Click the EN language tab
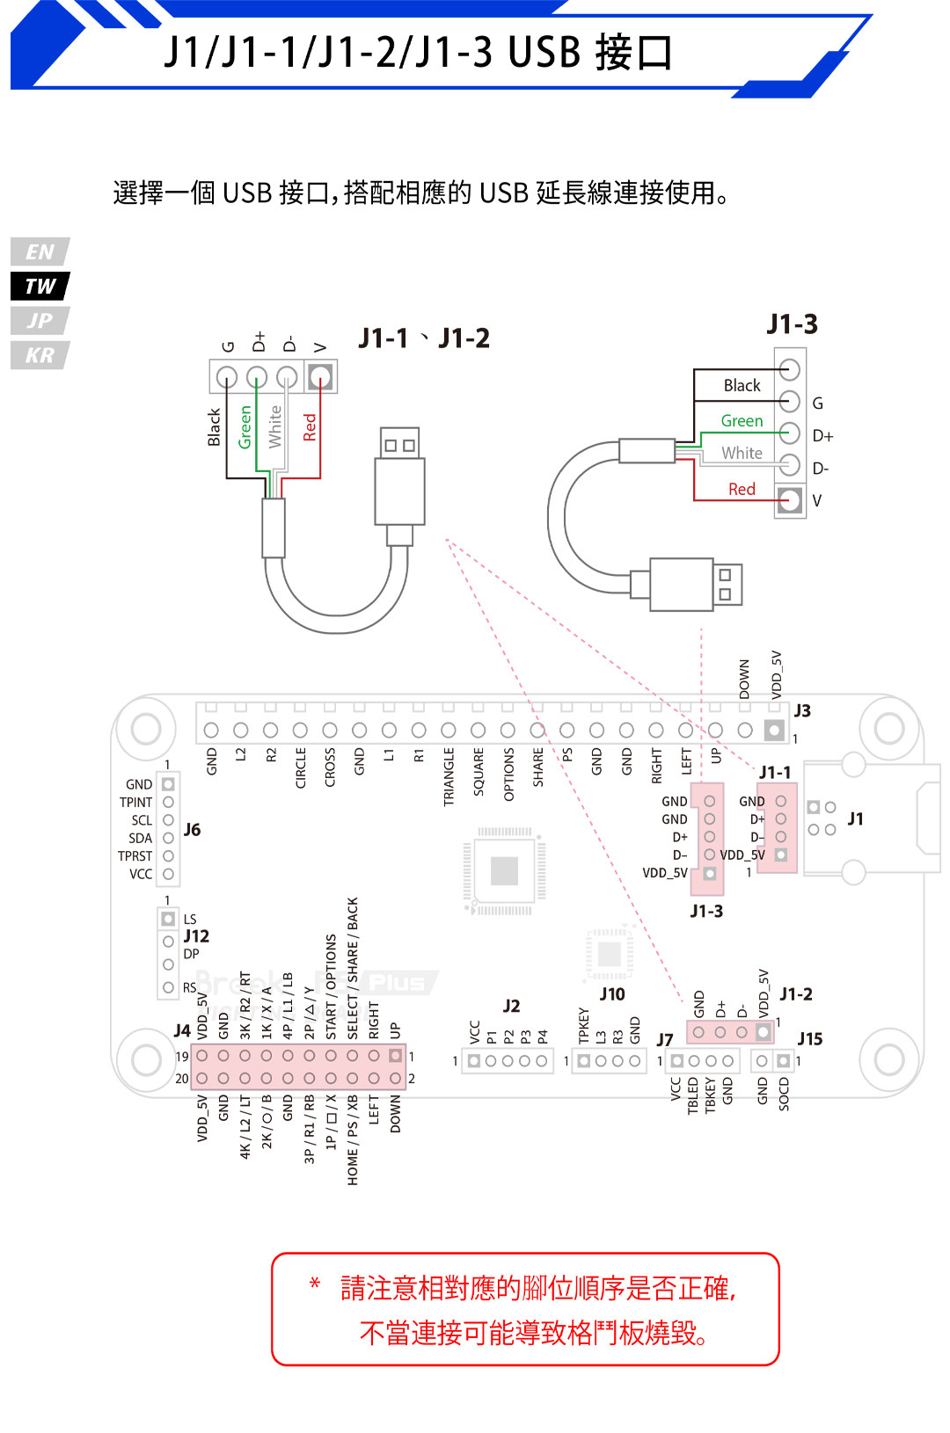(x=40, y=252)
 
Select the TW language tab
(x=40, y=287)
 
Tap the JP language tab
(x=40, y=321)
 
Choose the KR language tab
(x=40, y=355)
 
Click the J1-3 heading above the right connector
(x=792, y=324)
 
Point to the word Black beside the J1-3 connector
(x=742, y=386)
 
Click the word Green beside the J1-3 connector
(x=742, y=421)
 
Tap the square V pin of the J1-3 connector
(x=789, y=500)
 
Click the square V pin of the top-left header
(x=320, y=377)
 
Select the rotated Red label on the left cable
(x=310, y=427)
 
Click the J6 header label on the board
(x=192, y=830)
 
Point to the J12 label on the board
(x=196, y=936)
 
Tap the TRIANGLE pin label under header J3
(x=449, y=777)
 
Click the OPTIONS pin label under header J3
(x=508, y=775)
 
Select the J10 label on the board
(x=612, y=994)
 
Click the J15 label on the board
(x=809, y=1039)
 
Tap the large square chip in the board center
(x=504, y=870)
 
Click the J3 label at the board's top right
(x=802, y=710)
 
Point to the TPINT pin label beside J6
(x=135, y=803)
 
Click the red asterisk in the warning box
(x=315, y=1284)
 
